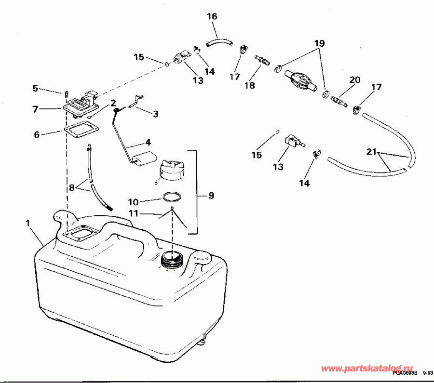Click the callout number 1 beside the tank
coord(27,223)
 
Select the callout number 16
coord(212,16)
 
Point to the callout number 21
coord(371,152)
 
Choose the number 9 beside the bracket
coord(211,196)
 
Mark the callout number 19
coord(318,43)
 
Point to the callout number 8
coord(72,188)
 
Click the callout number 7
coord(35,109)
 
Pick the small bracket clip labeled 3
coord(137,100)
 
